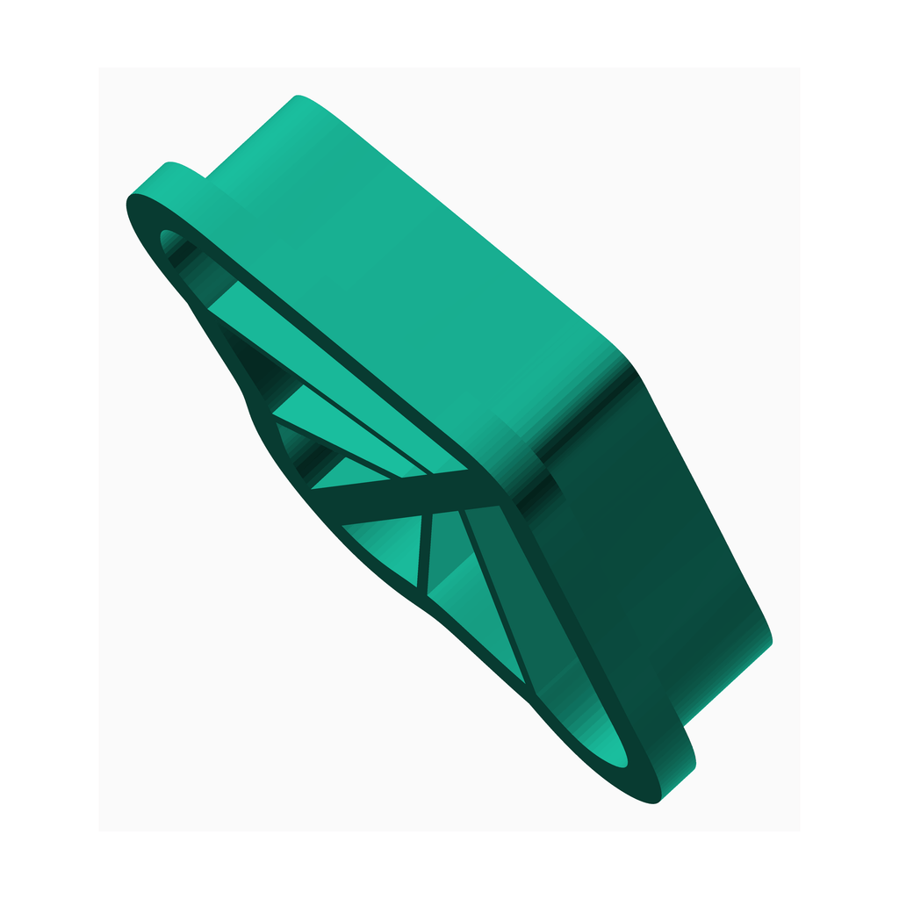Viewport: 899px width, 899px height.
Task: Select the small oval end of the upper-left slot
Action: (169, 239)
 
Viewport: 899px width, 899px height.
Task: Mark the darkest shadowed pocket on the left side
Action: (263, 369)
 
